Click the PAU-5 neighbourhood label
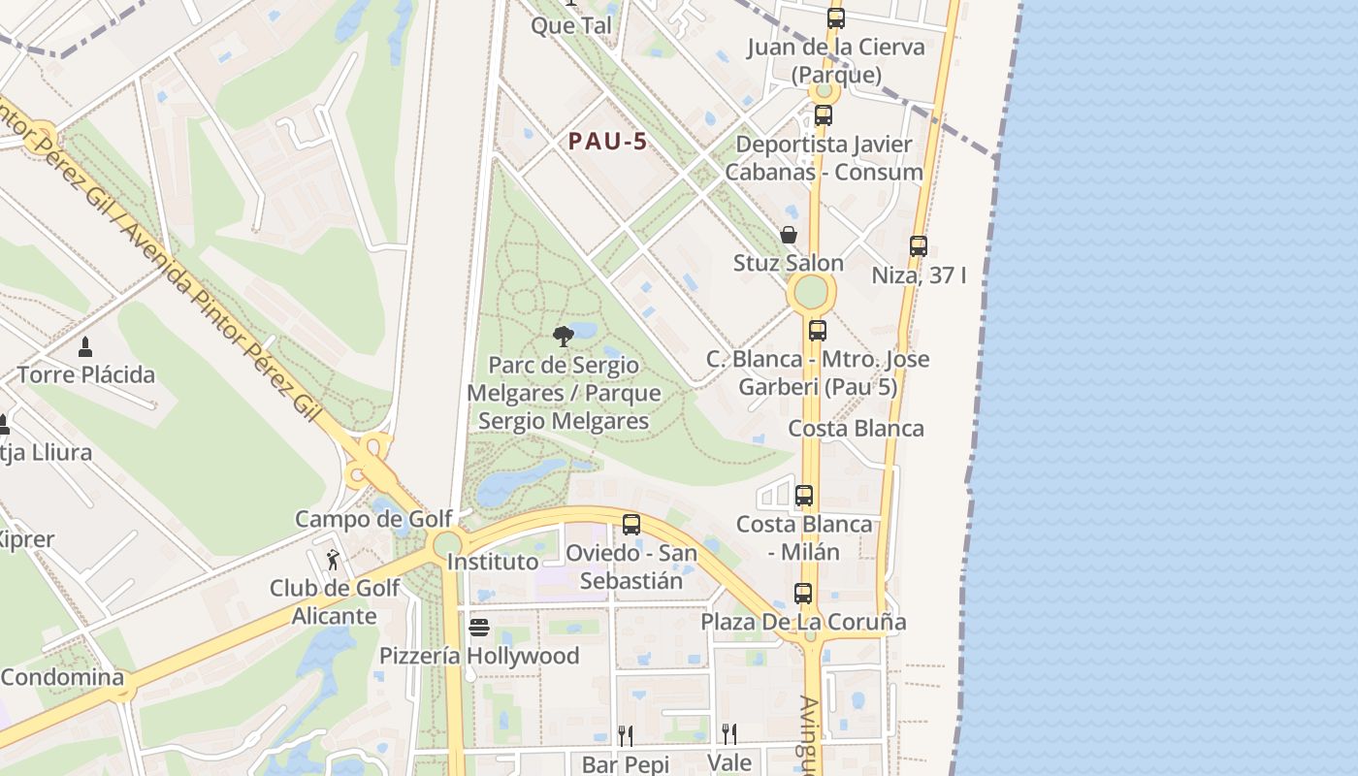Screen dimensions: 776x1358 coord(607,142)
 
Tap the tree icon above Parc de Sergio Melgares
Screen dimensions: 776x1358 coord(563,337)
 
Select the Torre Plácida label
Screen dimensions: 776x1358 coord(86,374)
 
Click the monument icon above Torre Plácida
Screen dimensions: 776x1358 coord(85,346)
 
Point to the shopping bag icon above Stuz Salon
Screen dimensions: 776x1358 coord(789,235)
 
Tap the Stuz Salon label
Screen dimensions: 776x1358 coord(789,263)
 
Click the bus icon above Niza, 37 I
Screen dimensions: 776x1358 coord(919,246)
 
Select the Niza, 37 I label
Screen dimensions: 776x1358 coord(919,275)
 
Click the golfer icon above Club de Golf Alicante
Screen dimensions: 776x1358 coord(334,560)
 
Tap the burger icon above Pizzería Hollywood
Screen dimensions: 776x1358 coord(479,628)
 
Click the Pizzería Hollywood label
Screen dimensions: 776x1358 coord(479,656)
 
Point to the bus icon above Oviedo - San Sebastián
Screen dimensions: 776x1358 coord(631,525)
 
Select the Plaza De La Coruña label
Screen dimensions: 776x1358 coord(803,622)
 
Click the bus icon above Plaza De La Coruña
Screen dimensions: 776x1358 coord(803,593)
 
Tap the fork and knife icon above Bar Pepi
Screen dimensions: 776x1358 coord(626,735)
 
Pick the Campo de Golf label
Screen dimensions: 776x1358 coord(373,519)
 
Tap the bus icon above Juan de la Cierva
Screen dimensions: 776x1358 coord(835,18)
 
